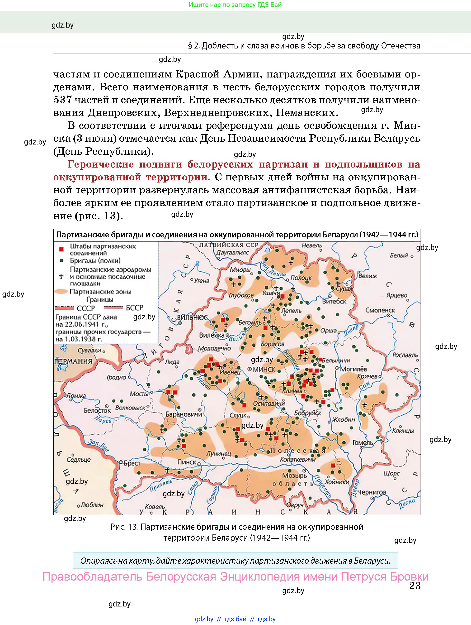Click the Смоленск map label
tap(380, 310)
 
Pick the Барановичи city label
tap(184, 414)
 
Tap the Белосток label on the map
tap(97, 411)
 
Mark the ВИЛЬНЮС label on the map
tap(192, 317)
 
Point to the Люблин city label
tap(92, 505)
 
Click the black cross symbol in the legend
tap(61, 276)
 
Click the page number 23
tap(414, 586)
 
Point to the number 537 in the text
tap(63, 100)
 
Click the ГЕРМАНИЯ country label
tap(73, 361)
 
